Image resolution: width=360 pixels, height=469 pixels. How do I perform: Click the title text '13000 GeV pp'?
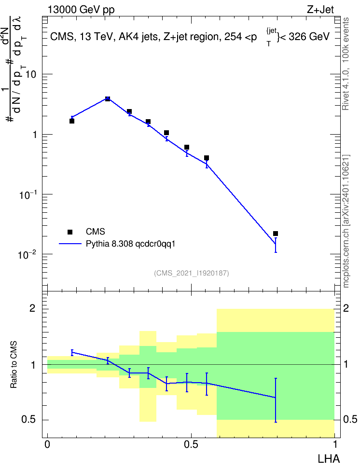(81, 10)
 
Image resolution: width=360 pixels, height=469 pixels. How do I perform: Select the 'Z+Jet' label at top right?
(320, 10)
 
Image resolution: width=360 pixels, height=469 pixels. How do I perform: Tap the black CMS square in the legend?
(70, 232)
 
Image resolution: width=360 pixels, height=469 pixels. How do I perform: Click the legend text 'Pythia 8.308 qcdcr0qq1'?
(130, 244)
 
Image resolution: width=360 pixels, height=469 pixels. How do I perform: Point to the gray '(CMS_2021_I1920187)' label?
(192, 273)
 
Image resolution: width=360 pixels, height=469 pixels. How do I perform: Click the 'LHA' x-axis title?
(328, 459)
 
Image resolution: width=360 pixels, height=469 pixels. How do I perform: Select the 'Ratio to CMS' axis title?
(14, 365)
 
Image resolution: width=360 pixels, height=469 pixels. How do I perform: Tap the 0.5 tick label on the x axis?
(191, 444)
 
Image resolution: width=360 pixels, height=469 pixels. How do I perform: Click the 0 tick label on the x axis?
(47, 444)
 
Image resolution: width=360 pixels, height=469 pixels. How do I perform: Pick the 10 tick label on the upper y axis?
(30, 74)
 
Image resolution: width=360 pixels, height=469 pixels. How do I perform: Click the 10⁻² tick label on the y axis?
(27, 255)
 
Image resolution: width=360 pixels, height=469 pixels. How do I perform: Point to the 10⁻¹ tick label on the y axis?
(27, 195)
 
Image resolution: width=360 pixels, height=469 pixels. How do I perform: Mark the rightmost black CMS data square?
(276, 234)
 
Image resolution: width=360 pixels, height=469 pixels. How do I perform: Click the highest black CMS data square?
(108, 99)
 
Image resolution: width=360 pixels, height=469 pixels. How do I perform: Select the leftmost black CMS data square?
(72, 121)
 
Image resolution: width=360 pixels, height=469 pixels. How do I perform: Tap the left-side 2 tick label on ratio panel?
(32, 308)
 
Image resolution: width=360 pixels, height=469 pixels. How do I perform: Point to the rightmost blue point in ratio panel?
(276, 398)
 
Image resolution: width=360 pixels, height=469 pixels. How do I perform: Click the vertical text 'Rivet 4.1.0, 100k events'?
(346, 64)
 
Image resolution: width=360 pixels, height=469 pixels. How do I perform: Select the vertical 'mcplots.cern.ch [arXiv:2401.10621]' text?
(346, 221)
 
